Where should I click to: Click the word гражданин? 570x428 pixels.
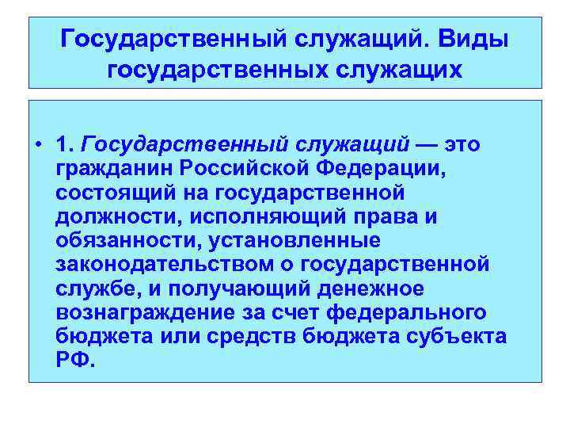click(x=113, y=169)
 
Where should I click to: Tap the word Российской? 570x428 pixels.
click(x=241, y=168)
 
